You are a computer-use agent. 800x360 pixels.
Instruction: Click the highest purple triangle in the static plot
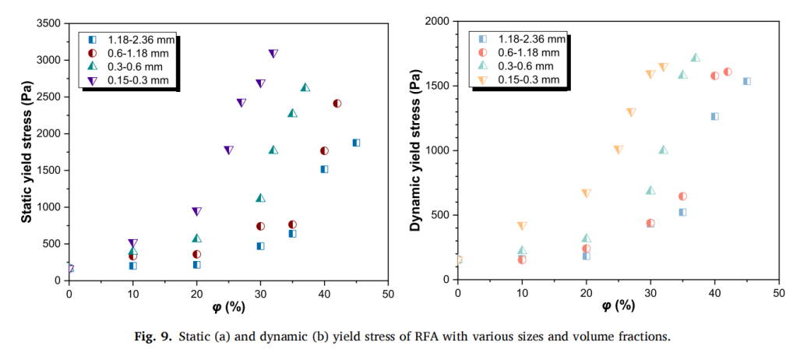click(x=273, y=54)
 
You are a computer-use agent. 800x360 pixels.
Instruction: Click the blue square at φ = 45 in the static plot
click(x=356, y=143)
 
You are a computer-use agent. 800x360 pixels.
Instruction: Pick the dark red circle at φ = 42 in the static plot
click(x=337, y=103)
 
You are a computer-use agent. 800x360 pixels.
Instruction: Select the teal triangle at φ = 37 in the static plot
click(x=305, y=87)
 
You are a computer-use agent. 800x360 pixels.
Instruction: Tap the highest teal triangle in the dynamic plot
click(x=696, y=57)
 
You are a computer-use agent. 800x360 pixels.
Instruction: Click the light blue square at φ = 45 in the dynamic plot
click(x=746, y=81)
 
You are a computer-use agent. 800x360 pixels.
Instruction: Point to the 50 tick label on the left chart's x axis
click(x=388, y=294)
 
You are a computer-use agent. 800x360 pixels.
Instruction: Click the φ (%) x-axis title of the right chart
click(x=618, y=306)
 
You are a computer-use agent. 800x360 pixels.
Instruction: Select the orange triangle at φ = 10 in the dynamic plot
click(x=522, y=226)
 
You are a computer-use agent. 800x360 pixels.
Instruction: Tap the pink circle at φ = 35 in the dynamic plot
click(x=682, y=196)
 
